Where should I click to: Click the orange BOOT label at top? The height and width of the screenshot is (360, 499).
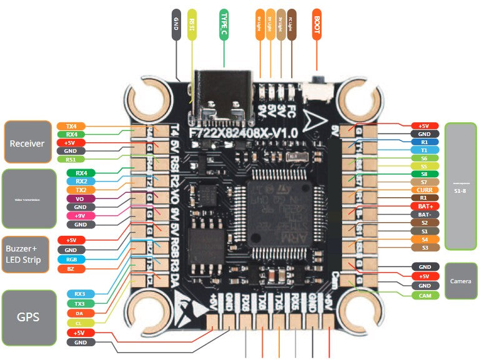click(317, 24)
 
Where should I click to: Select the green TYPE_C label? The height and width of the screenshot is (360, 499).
click(224, 24)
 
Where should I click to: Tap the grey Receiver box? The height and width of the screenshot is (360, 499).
click(27, 143)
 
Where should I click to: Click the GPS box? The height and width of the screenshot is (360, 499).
click(27, 316)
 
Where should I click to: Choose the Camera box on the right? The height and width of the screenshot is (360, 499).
click(461, 281)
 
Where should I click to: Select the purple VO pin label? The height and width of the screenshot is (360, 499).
click(80, 198)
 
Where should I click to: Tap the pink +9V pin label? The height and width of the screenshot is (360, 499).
click(80, 216)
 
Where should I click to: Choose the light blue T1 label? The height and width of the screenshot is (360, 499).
click(425, 150)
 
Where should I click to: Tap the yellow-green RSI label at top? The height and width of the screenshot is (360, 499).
click(192, 24)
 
